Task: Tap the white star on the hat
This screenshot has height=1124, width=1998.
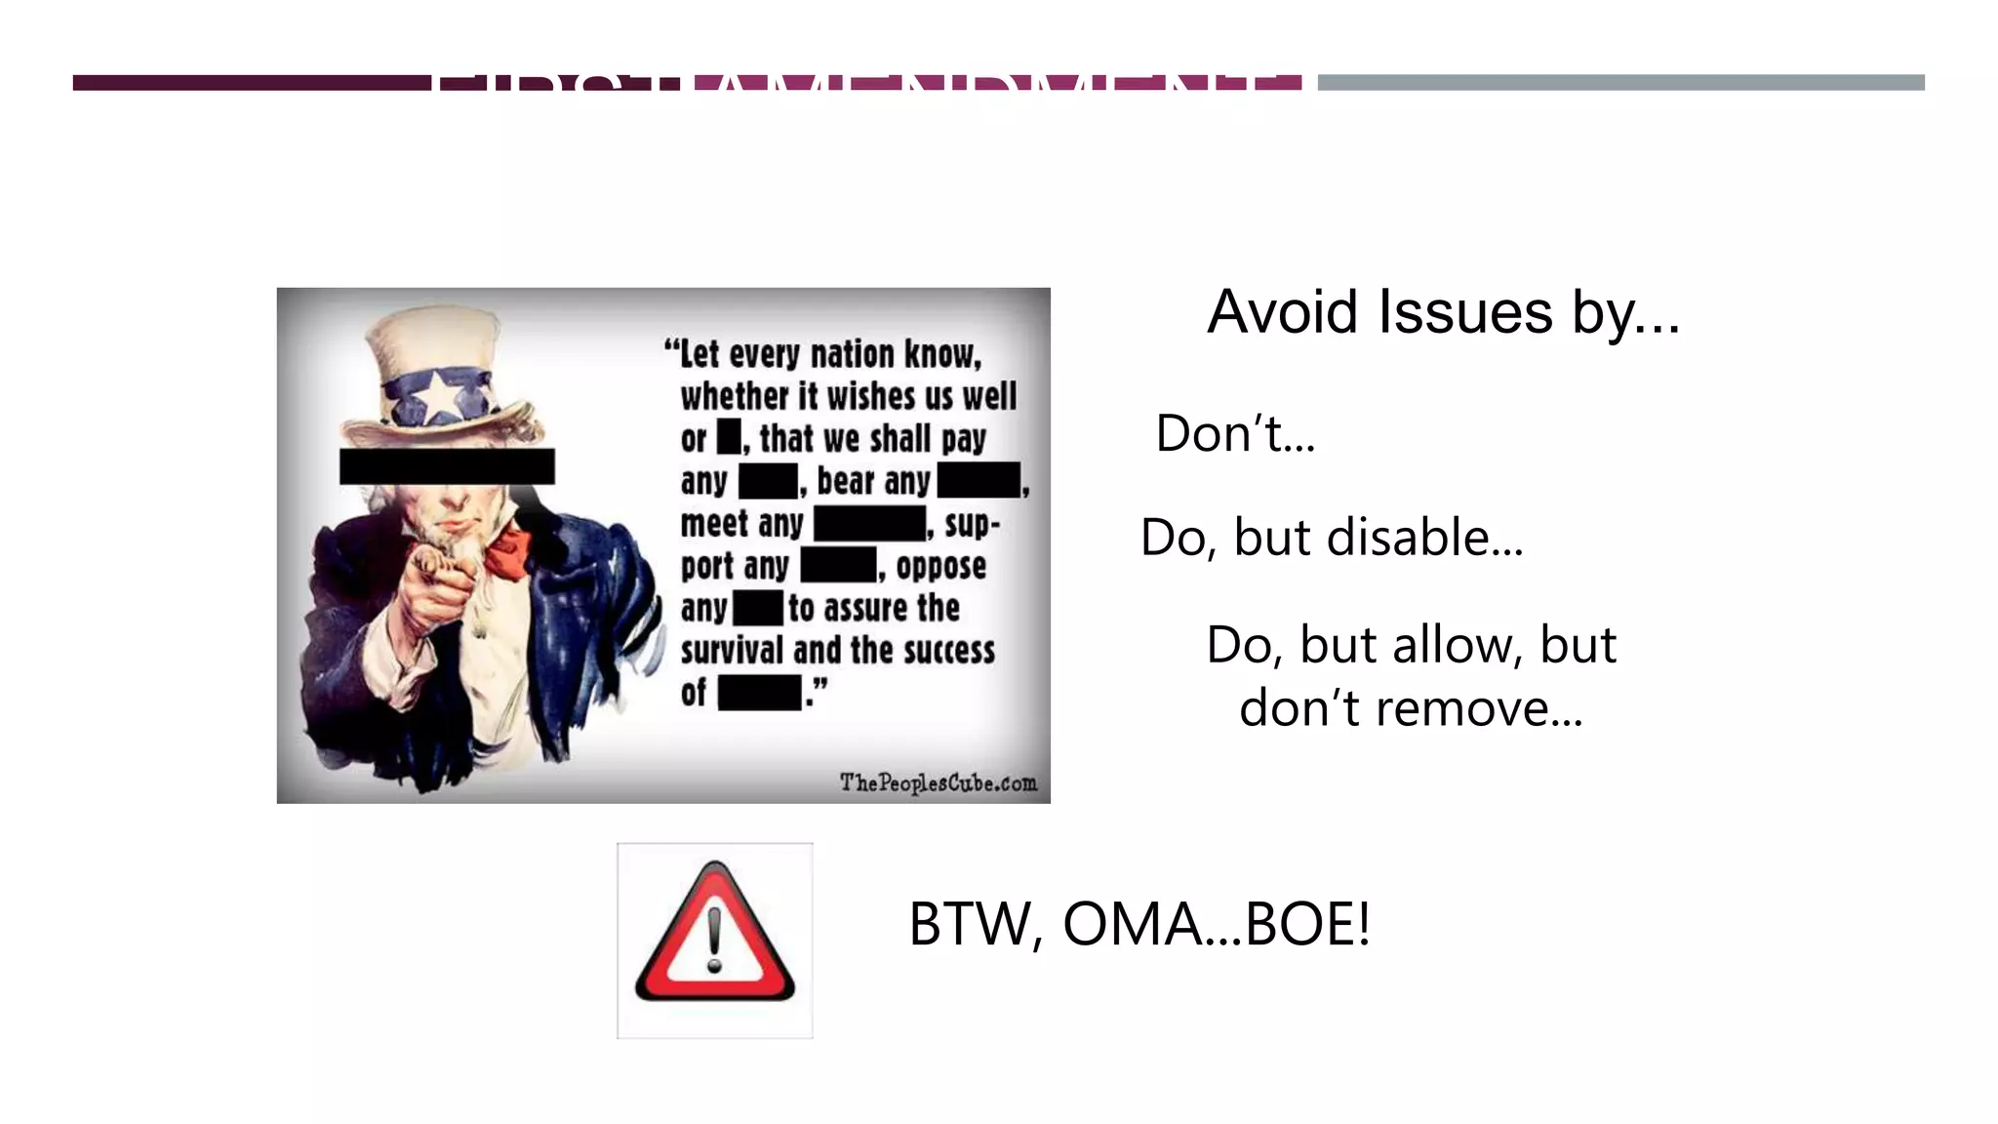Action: click(x=440, y=395)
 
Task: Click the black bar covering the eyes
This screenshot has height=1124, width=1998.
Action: click(x=447, y=466)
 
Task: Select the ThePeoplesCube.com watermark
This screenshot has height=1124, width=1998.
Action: click(x=938, y=783)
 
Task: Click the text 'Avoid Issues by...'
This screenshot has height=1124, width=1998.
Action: click(x=1443, y=312)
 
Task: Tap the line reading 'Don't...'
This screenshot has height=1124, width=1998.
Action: click(x=1235, y=433)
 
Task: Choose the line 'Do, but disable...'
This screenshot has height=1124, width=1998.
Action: click(x=1332, y=538)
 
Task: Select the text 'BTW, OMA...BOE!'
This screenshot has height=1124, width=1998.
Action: click(x=1139, y=924)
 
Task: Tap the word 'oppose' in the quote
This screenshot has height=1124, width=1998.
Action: click(x=940, y=566)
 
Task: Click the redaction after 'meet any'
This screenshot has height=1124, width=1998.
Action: click(x=869, y=524)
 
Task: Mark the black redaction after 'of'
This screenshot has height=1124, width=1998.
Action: click(x=760, y=694)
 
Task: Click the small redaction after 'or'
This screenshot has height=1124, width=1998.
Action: click(x=729, y=437)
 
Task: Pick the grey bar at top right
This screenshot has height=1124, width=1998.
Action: click(x=1620, y=83)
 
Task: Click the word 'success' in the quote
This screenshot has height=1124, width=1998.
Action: click(x=949, y=651)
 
